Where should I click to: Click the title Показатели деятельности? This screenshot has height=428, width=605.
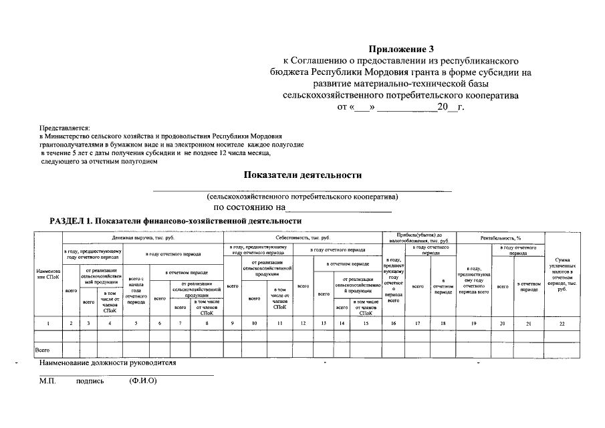point(302,175)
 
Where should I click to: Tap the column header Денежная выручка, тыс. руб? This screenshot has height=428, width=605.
point(142,237)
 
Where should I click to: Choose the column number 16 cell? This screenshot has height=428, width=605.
point(393,324)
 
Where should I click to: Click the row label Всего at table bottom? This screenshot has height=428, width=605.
point(43,349)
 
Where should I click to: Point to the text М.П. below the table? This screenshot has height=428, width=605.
point(47,381)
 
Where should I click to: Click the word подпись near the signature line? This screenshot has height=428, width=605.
point(90,381)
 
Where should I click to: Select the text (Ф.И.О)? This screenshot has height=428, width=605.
point(142,381)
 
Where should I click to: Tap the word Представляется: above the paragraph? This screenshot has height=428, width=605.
point(64,127)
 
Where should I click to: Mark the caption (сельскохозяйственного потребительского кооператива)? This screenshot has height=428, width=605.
point(302,197)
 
